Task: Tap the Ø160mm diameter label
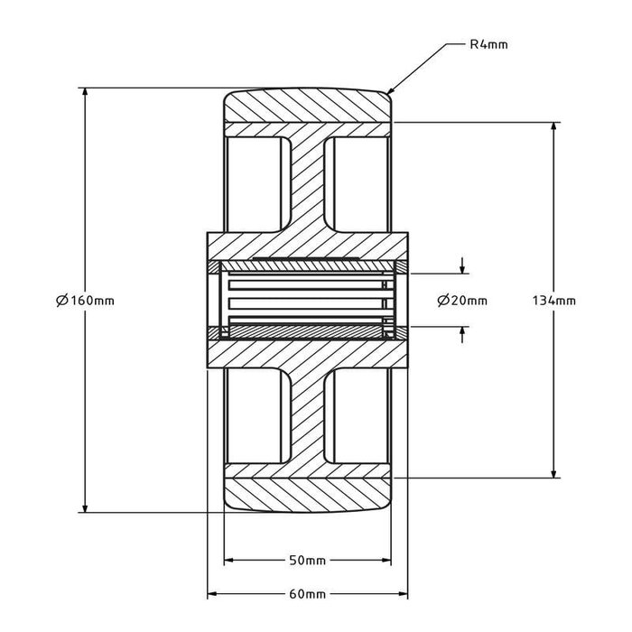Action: [x=85, y=301]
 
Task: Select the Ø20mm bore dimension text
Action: [x=462, y=301]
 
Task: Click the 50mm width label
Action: [x=308, y=561]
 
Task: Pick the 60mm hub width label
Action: [x=308, y=594]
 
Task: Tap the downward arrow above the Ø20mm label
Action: [x=463, y=269]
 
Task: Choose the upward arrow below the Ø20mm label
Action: [x=463, y=330]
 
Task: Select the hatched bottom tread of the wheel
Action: [x=308, y=495]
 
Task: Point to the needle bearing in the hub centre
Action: [x=308, y=301]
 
